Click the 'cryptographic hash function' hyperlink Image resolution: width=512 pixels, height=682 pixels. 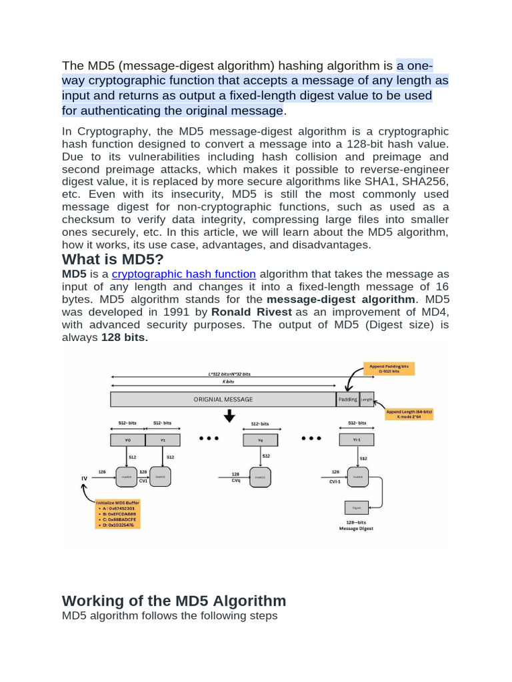(x=184, y=274)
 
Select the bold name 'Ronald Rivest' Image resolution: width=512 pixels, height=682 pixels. (x=251, y=312)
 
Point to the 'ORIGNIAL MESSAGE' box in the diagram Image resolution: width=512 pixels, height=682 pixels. (x=223, y=400)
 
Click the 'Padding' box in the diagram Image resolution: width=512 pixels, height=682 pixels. (x=347, y=400)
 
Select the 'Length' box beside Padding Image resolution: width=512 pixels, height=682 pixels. (x=367, y=400)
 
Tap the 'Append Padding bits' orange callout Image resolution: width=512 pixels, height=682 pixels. (x=390, y=369)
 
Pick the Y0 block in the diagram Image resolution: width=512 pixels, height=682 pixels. (x=128, y=440)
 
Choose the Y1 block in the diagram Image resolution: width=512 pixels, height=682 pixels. (x=163, y=440)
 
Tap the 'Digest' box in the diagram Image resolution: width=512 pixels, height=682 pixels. (x=356, y=508)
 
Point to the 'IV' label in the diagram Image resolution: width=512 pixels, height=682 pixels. (x=83, y=478)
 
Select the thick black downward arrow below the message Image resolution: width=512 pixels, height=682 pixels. (x=229, y=416)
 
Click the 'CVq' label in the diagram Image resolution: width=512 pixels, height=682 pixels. (x=235, y=481)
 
